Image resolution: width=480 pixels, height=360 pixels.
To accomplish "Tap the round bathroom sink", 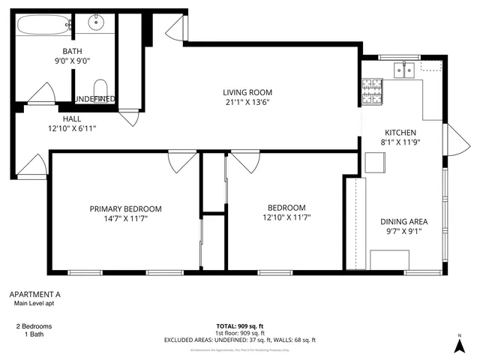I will [x=96, y=22].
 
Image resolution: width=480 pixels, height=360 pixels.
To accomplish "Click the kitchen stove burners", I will [x=371, y=92].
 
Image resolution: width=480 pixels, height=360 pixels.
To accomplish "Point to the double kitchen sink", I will [x=405, y=70].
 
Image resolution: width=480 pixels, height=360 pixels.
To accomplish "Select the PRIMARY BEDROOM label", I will [x=125, y=208].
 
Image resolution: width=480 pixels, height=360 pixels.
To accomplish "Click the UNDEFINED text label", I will [x=94, y=99].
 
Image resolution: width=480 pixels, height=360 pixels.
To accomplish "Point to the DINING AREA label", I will [x=403, y=221].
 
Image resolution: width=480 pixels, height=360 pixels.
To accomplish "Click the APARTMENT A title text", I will [x=34, y=294].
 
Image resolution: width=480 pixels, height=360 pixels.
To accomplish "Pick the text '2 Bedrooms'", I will [x=34, y=327].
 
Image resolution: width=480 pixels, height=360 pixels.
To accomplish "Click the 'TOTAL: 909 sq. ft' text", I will [x=240, y=326].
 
